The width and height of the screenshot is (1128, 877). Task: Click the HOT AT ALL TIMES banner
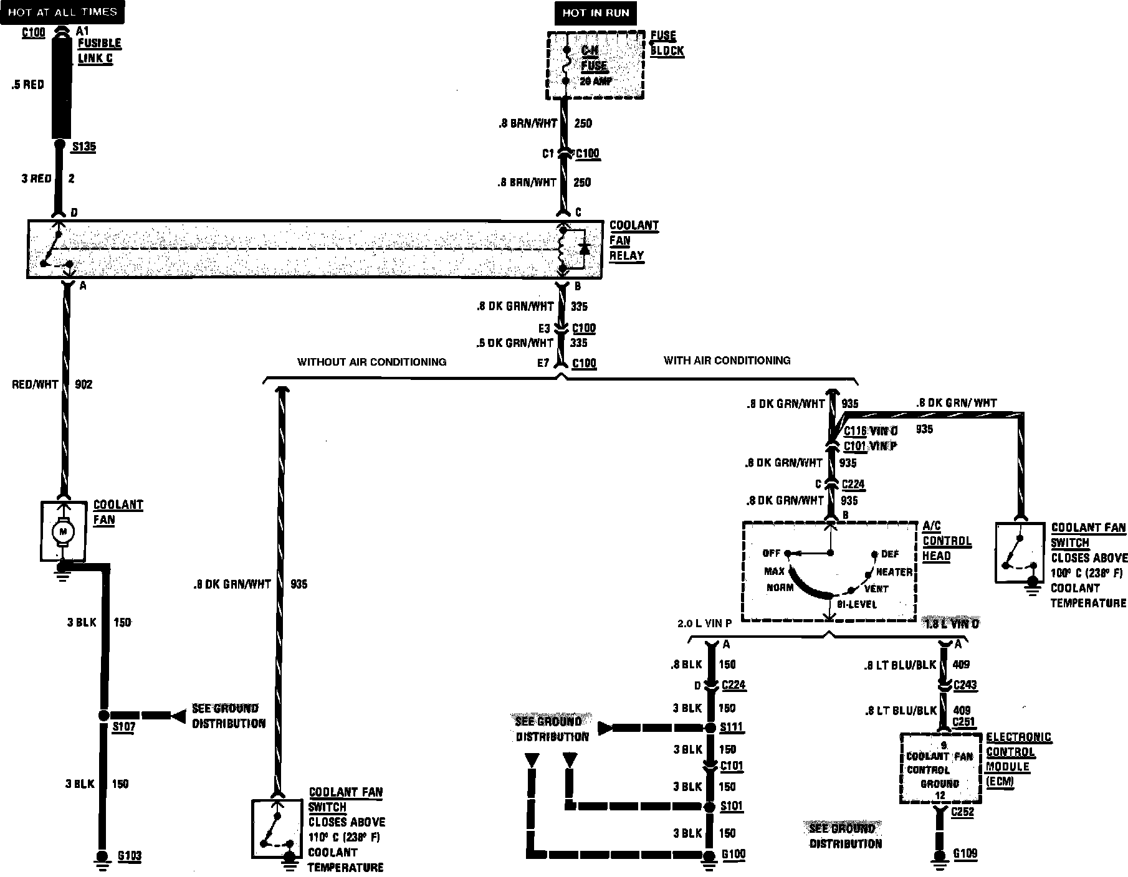coord(62,12)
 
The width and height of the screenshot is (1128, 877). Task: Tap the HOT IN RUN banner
coord(595,13)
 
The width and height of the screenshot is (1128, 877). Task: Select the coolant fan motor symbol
coord(62,531)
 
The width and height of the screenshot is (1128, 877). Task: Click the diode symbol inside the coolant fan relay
coord(584,248)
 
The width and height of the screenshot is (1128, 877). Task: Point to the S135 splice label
coord(84,147)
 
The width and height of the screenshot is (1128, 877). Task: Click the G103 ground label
coord(130,856)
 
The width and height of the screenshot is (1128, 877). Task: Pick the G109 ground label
coord(965,853)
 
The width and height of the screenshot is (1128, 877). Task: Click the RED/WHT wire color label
coord(35,384)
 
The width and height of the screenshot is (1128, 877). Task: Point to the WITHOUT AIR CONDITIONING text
coord(371,362)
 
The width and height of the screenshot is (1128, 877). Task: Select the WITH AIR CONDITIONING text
coord(727,361)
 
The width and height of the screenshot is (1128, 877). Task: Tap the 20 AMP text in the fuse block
coord(596,82)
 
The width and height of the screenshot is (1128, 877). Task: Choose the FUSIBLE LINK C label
coord(99,51)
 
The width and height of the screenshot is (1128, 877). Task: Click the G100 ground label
coord(734,854)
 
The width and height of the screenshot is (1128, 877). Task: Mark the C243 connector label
coord(964,685)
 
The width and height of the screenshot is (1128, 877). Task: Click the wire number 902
coord(84,384)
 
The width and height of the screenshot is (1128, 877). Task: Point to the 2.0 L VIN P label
coord(704,623)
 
